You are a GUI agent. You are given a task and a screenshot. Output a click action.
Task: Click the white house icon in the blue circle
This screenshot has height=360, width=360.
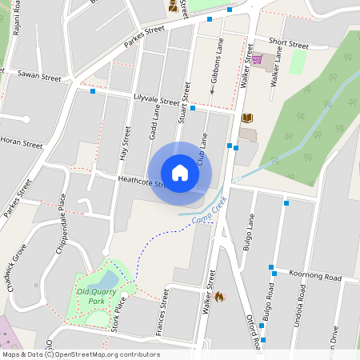point(180,172)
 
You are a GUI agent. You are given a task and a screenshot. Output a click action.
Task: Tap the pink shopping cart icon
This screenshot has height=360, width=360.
point(257,59)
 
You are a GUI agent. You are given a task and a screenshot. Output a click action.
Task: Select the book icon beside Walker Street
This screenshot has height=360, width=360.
point(247,118)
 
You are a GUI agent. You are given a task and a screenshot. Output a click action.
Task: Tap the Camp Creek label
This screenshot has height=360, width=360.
point(210,211)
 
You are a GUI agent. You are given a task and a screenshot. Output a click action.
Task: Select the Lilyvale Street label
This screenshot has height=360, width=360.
point(157,100)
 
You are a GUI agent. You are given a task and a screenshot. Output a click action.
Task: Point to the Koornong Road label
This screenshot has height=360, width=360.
point(314,276)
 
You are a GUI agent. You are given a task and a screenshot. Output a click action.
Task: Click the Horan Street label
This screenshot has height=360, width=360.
point(22,144)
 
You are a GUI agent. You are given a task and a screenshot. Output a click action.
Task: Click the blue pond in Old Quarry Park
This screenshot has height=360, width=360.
point(105,280)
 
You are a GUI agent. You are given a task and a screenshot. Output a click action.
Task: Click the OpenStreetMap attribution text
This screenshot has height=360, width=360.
point(80,354)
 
